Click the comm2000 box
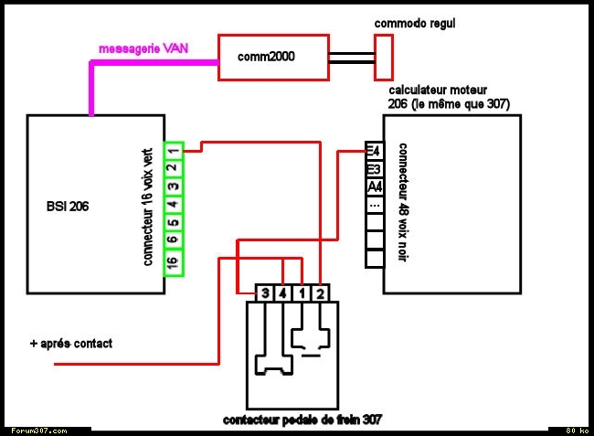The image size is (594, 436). tap(272, 58)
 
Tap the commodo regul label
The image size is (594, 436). tap(415, 22)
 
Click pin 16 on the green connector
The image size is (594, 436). tap(173, 263)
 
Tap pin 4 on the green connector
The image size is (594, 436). tap(173, 204)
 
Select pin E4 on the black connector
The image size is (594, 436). tap(373, 152)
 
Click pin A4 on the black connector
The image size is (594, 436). tap(374, 187)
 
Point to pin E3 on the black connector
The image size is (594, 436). tap(373, 170)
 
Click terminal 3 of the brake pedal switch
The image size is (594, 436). tap(265, 293)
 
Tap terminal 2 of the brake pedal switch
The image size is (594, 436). tap(320, 293)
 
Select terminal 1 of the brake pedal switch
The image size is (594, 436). tap(302, 293)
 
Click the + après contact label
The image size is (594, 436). tap(70, 344)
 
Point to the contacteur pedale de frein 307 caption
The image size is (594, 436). tap(302, 420)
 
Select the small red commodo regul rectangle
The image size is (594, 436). tap(384, 58)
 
